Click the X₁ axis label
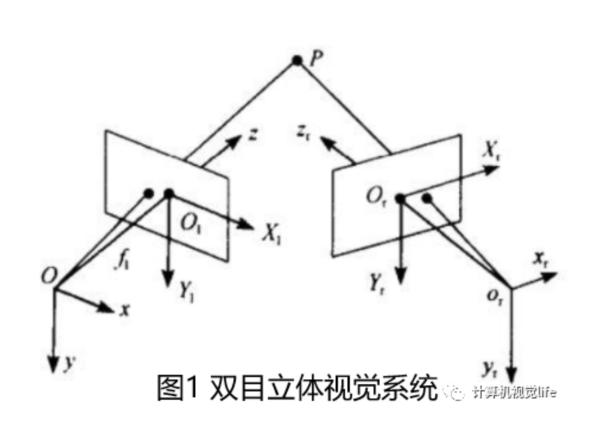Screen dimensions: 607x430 [x=271, y=235]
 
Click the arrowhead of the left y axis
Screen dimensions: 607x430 [x=54, y=363]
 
